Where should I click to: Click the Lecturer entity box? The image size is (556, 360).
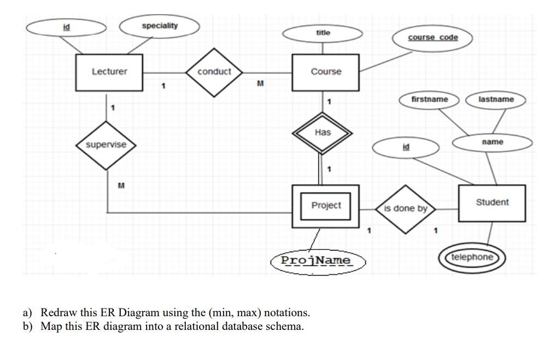[x=109, y=72]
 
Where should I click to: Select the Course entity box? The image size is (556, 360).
[x=326, y=72]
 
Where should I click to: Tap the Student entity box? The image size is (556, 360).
[x=491, y=202]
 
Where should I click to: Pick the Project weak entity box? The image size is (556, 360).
[x=326, y=206]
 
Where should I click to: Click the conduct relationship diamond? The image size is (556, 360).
[x=214, y=72]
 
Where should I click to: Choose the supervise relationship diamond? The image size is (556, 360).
[x=106, y=144]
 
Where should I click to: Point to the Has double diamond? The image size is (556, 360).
[x=323, y=132]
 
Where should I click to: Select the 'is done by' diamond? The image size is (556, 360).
[x=405, y=208]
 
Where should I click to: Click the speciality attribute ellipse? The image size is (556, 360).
[x=160, y=26]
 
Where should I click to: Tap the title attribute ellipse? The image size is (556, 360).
[x=323, y=33]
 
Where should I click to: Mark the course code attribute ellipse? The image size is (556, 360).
[x=433, y=37]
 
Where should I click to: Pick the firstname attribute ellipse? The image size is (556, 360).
[x=430, y=100]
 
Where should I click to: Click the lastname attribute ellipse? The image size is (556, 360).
[x=496, y=100]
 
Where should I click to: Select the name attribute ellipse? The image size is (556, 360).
[x=493, y=142]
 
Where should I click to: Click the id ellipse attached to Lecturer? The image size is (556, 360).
[x=66, y=26]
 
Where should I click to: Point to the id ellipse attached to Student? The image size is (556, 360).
[x=405, y=147]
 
